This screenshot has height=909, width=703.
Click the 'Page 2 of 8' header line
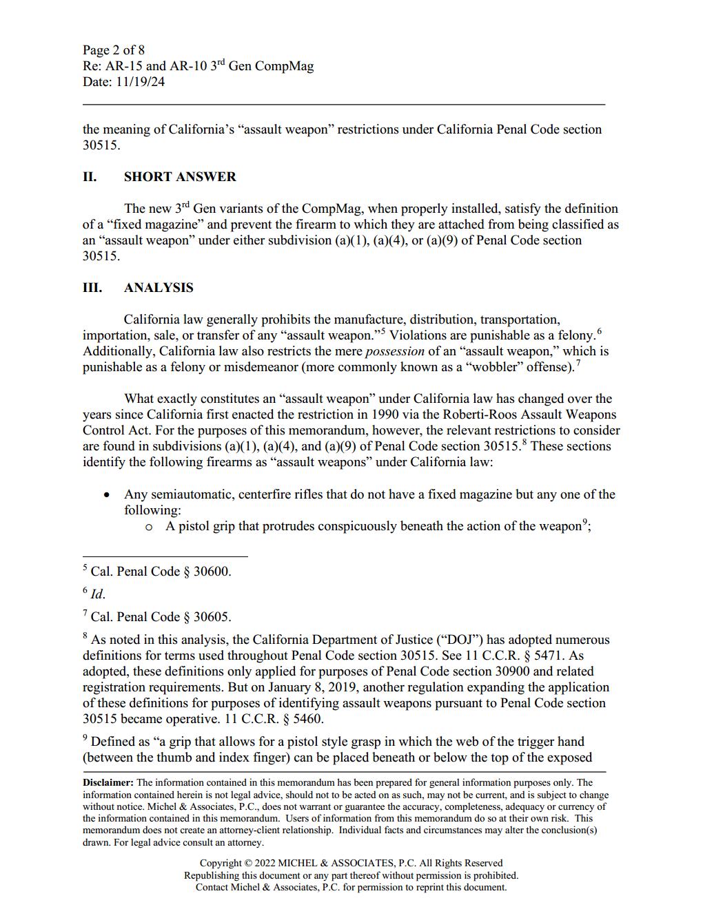point(114,50)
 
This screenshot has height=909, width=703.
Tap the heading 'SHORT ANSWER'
point(180,177)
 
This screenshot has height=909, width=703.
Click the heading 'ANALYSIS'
point(159,288)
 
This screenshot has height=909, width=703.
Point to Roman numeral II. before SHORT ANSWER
point(90,177)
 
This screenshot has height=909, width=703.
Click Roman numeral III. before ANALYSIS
point(92,288)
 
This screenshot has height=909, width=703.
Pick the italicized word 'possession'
point(394,351)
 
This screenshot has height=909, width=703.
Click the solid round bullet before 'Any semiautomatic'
point(106,495)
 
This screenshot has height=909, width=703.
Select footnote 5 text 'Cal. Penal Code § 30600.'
point(161,572)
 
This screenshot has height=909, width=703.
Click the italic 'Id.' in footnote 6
point(98,594)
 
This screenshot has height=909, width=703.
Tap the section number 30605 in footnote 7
point(212,617)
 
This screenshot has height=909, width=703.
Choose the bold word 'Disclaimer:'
point(108,783)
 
